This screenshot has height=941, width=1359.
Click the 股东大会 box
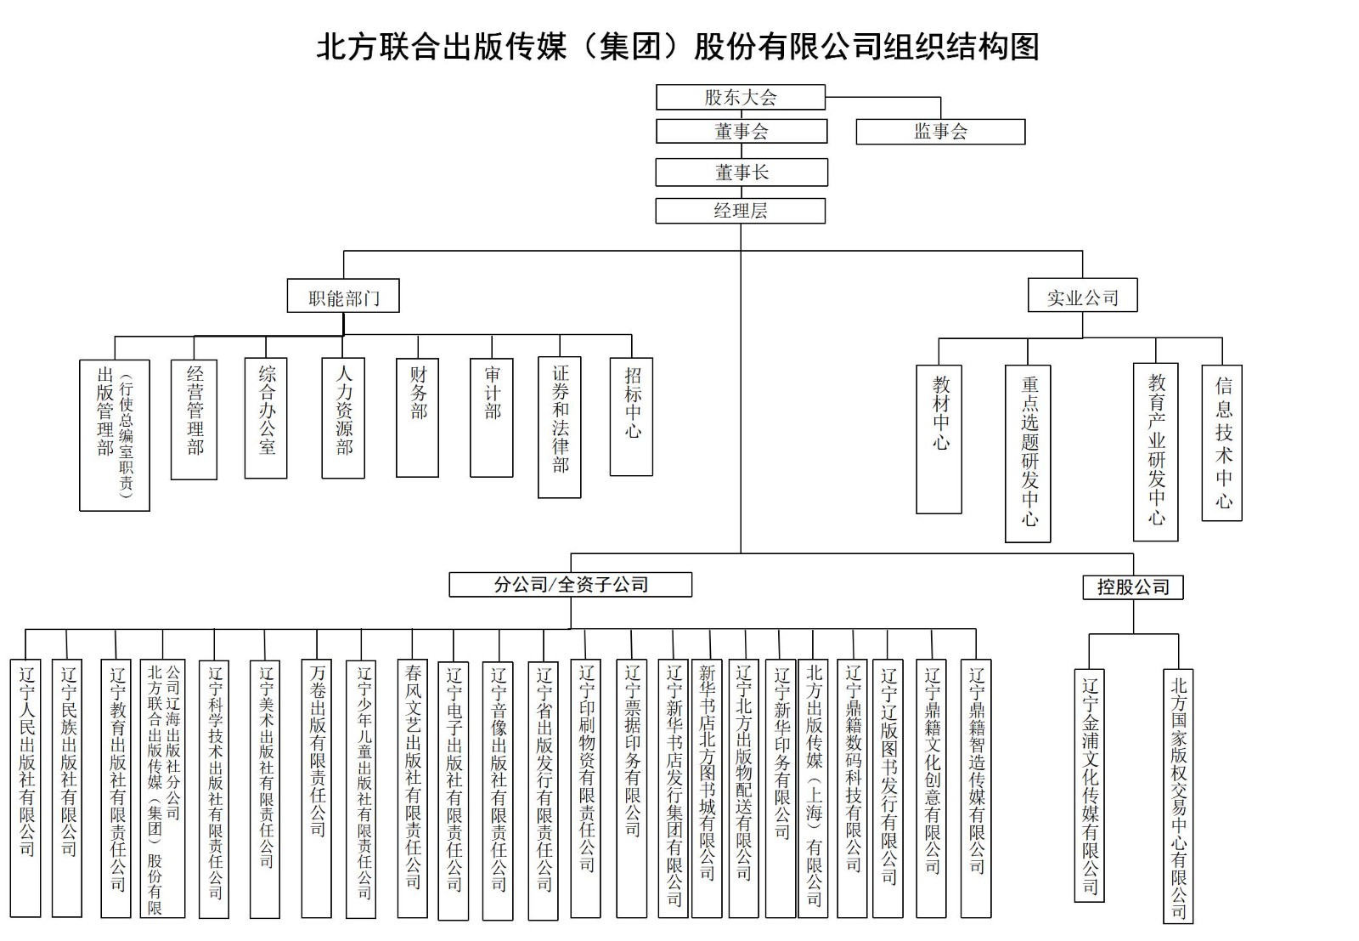(740, 97)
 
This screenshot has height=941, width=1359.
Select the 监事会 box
(940, 132)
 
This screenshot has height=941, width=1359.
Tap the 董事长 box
(742, 173)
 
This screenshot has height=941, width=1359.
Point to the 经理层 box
(740, 211)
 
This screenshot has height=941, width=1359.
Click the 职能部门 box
(343, 296)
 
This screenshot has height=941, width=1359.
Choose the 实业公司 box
(1082, 295)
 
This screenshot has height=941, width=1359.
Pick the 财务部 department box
(417, 417)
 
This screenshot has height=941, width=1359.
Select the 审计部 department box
(492, 417)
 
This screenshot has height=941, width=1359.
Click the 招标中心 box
(632, 417)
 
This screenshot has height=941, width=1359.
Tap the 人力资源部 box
(343, 418)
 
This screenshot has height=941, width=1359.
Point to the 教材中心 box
(939, 439)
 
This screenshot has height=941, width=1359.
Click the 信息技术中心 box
(1222, 443)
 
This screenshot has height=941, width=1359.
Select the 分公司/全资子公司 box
(570, 585)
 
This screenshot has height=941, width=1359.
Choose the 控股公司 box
(1133, 587)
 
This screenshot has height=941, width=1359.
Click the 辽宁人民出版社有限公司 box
(25, 788)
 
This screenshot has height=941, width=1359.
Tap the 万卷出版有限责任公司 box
(317, 789)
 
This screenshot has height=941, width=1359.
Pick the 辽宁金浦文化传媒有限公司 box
(1089, 785)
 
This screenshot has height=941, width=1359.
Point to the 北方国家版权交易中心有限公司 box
(1178, 796)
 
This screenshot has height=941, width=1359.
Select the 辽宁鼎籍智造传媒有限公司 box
(976, 789)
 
